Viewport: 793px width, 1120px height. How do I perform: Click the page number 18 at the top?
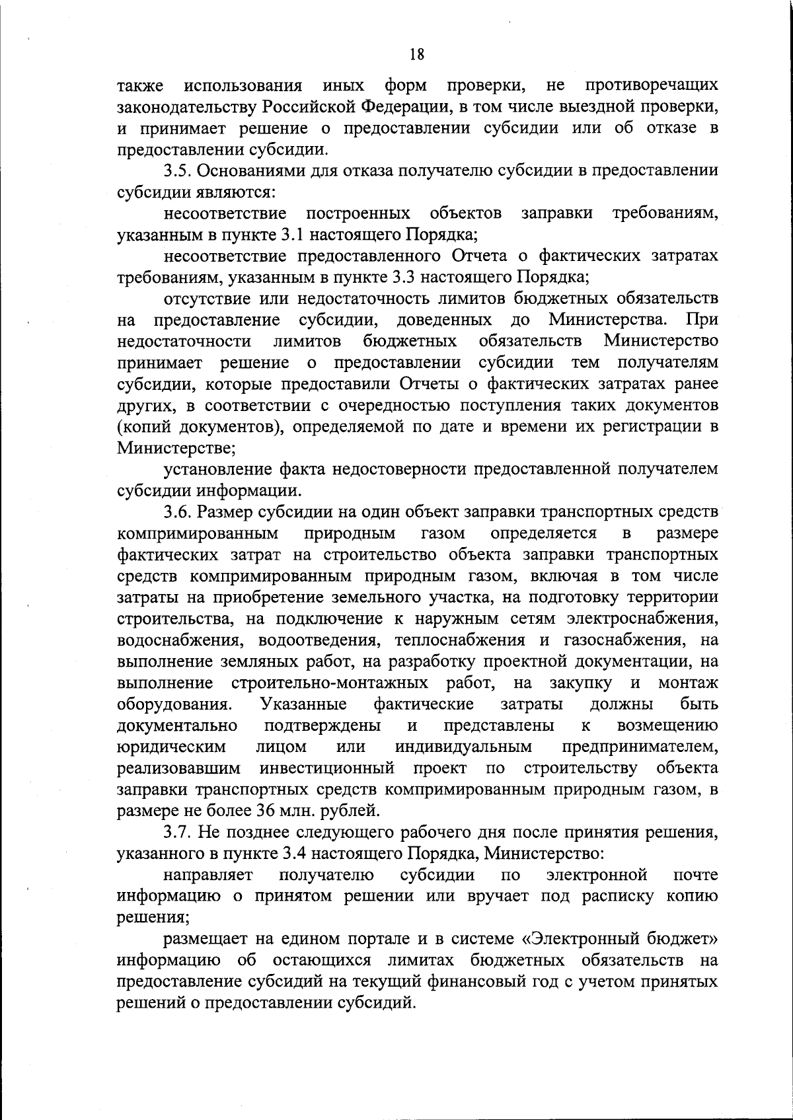[x=416, y=56]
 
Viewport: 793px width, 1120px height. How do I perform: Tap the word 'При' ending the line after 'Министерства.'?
[x=702, y=320]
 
